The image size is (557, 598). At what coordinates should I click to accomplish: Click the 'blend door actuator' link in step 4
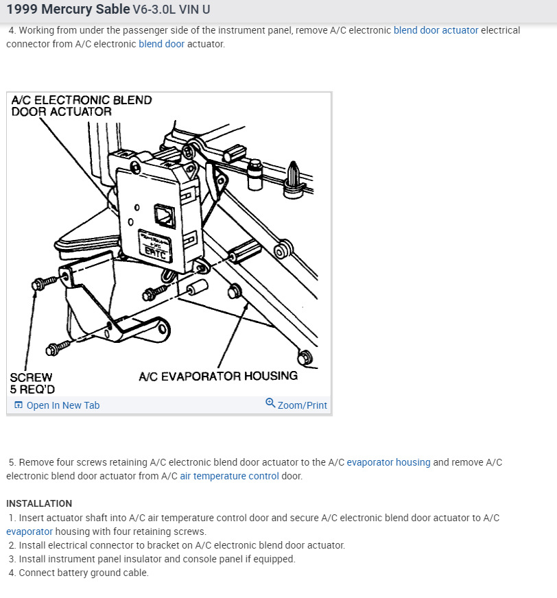pos(436,30)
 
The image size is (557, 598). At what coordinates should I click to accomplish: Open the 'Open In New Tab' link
pos(62,405)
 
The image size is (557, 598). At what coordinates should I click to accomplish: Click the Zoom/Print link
pos(302,405)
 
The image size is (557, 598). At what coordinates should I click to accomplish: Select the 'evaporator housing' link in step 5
pos(388,462)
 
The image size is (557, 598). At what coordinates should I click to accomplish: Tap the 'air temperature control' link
pos(229,476)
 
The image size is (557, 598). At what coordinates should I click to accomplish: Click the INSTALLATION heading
pos(39,503)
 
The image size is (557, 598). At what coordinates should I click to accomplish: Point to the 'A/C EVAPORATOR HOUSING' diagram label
pos(217,376)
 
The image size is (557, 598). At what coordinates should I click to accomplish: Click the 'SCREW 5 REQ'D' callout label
pos(32,383)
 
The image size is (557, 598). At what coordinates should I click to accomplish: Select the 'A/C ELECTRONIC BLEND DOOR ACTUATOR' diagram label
pos(81,106)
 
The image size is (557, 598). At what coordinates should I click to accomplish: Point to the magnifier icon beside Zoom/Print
pos(270,404)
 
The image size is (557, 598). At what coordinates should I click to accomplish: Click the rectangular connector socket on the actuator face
pos(165,214)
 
